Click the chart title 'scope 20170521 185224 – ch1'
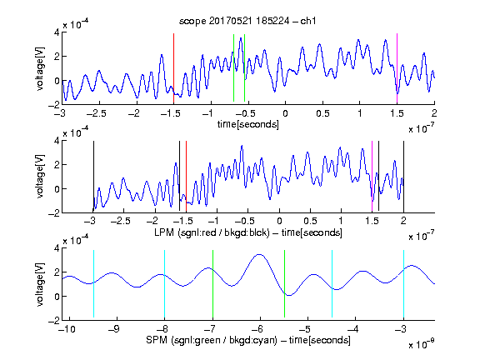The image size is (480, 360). pos(247,21)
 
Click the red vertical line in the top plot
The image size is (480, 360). pos(173,68)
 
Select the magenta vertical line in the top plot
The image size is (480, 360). pos(397,68)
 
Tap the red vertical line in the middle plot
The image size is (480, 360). pos(186,177)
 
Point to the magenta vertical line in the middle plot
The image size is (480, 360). pos(372,177)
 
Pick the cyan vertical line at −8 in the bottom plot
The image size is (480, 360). pos(165,284)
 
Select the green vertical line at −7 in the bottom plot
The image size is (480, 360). pos(212,284)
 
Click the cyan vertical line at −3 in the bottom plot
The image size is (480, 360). pos(403,284)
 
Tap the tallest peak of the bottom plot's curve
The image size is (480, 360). pos(260,254)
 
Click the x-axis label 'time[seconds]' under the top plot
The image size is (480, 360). pos(248,124)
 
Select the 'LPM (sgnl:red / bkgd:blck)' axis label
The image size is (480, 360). pos(212,232)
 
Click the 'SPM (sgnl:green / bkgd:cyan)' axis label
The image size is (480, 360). pos(212,340)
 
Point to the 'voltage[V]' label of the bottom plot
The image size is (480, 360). pos(40,284)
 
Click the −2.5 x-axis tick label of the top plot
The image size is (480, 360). pos(96,113)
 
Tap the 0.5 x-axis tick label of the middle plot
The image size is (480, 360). pos(310,221)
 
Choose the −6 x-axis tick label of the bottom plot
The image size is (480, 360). pos(257,329)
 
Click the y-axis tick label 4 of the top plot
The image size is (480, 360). pos(57,32)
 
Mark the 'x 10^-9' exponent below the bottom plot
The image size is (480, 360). pos(421,344)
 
